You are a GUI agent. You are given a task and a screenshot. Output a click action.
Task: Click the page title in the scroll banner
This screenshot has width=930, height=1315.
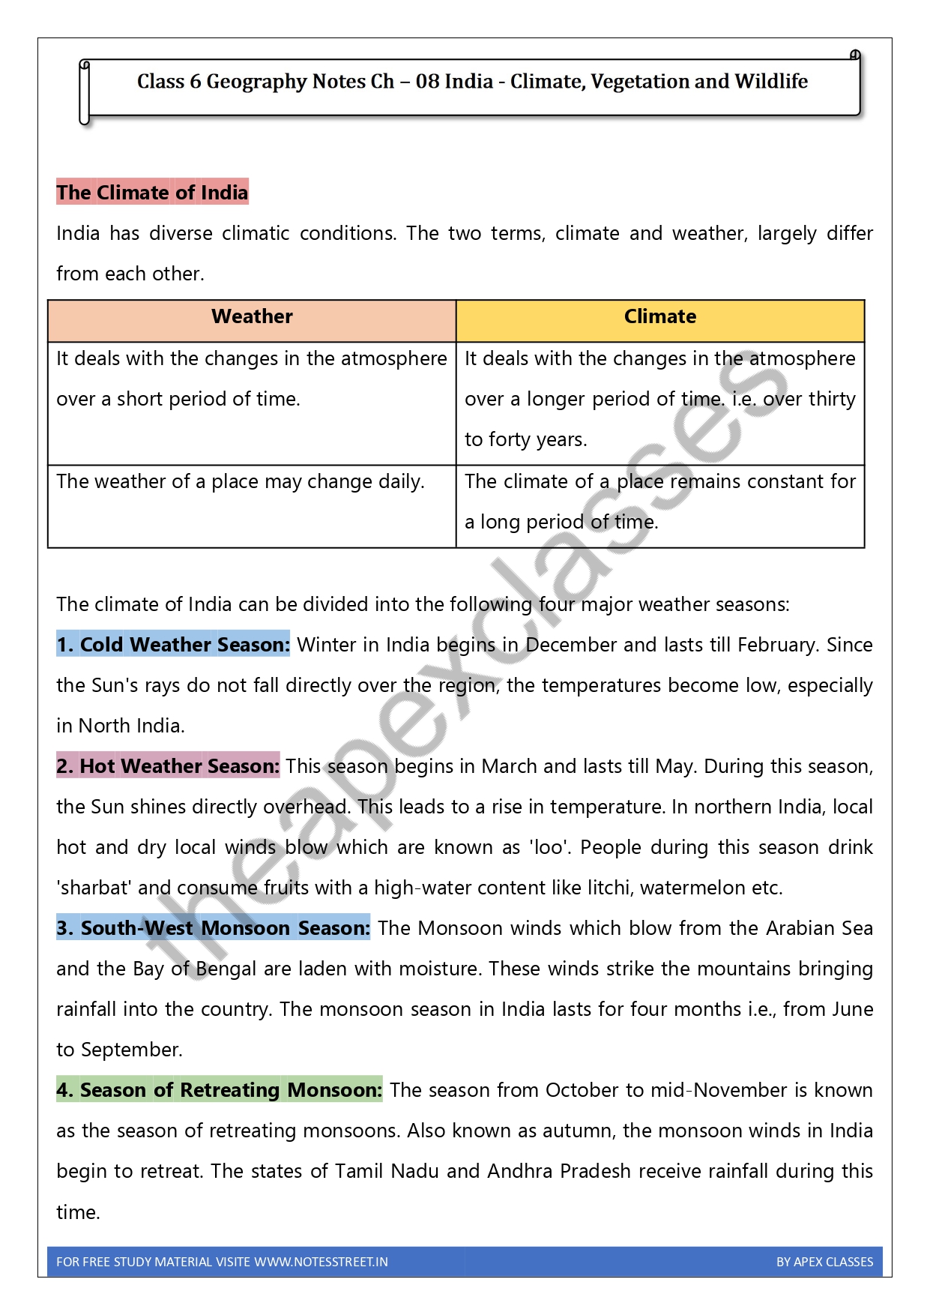472,81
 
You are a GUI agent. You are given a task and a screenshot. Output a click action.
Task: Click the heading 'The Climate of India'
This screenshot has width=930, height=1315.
152,193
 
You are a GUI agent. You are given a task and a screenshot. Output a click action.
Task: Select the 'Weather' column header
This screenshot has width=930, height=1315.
252,316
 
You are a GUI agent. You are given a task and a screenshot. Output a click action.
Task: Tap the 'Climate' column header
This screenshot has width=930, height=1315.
660,316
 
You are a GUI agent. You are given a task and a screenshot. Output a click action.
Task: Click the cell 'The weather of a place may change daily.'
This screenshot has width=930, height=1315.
241,481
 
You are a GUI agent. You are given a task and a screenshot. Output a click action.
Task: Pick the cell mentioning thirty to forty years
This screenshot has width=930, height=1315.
659,399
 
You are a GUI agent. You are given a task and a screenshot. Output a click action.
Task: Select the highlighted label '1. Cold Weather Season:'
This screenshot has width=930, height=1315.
173,645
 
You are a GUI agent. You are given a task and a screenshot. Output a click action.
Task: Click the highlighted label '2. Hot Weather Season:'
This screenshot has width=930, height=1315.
168,766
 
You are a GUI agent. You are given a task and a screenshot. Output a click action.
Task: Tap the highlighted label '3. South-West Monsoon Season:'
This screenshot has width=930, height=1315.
214,928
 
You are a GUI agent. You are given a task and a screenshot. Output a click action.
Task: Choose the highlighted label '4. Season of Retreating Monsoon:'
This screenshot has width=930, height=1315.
220,1090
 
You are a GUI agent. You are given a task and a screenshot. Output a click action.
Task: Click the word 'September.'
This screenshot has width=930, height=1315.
131,1050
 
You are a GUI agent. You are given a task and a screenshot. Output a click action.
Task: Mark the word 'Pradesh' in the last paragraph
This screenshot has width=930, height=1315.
595,1171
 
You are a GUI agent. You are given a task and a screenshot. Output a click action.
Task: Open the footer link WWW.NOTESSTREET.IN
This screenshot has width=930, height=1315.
321,1262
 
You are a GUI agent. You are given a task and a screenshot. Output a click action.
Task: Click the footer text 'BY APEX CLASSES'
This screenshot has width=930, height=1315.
824,1262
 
